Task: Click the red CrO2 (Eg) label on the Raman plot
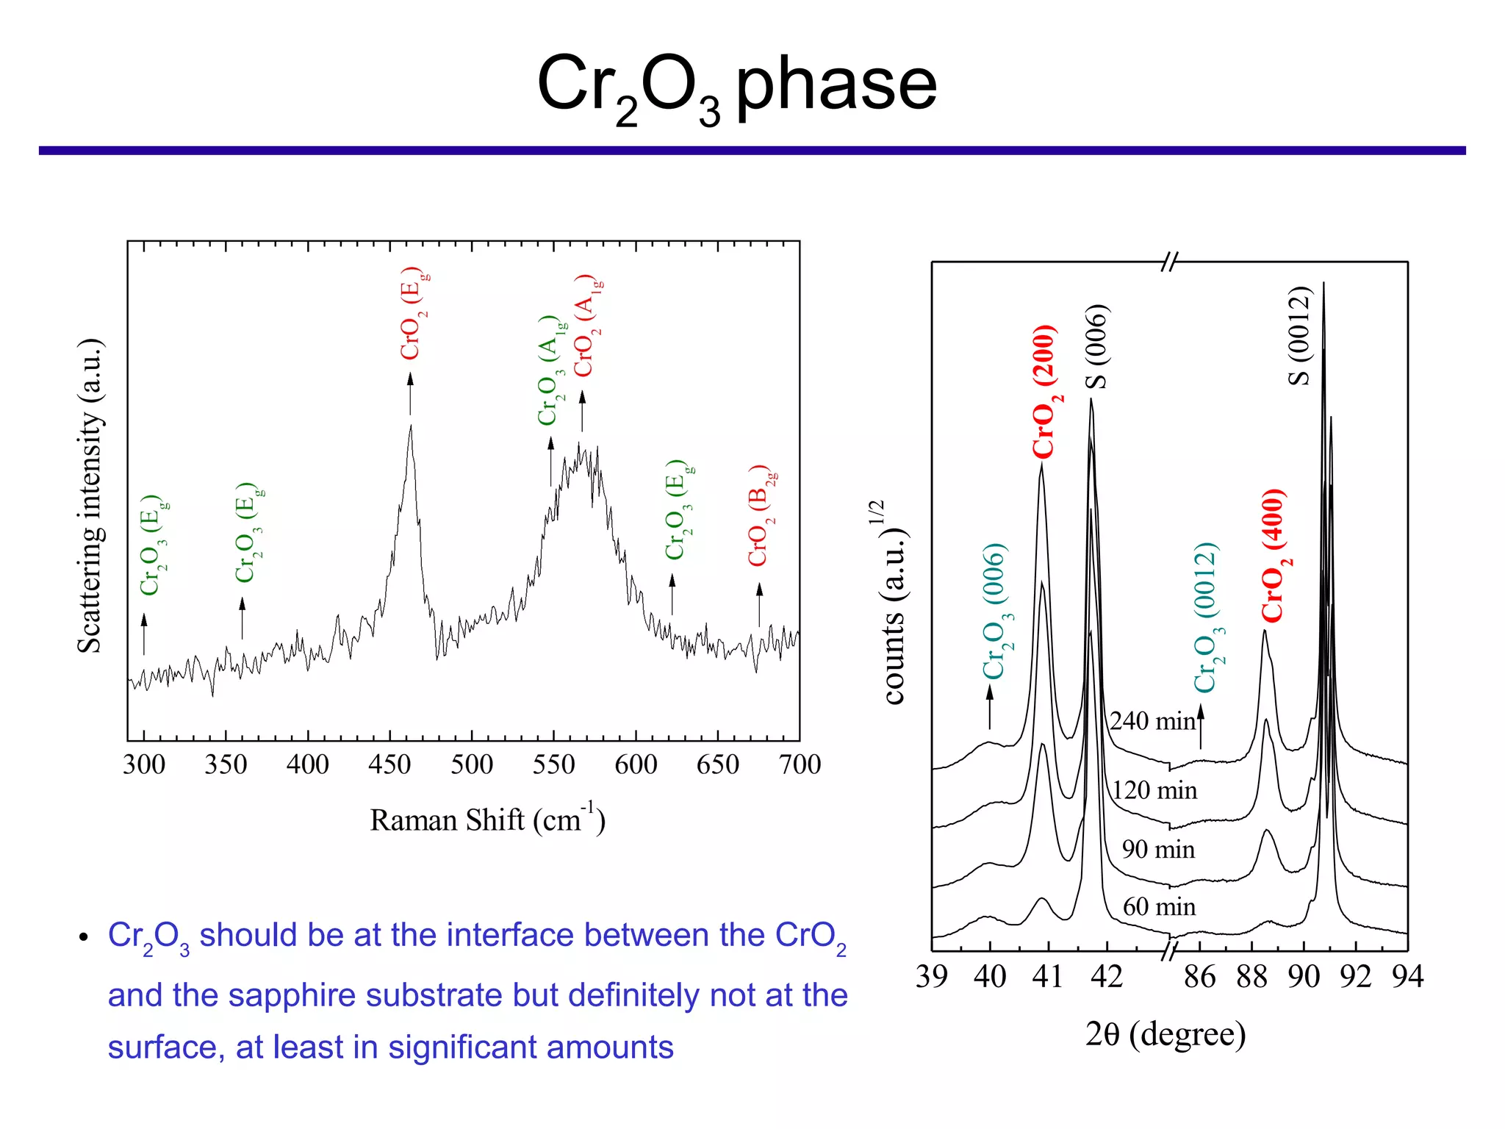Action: pyautogui.click(x=413, y=315)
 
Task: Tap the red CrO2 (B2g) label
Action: pyautogui.click(x=761, y=516)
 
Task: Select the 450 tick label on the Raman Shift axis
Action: pyautogui.click(x=389, y=765)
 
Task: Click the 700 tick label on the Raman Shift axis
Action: pyautogui.click(x=800, y=765)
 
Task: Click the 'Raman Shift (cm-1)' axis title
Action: pyautogui.click(x=487, y=820)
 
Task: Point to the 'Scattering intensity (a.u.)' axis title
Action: pyautogui.click(x=90, y=496)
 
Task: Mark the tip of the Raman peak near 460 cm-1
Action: pyautogui.click(x=411, y=426)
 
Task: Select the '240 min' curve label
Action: pyautogui.click(x=1152, y=721)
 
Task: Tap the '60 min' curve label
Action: pyautogui.click(x=1159, y=907)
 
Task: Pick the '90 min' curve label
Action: pyautogui.click(x=1158, y=850)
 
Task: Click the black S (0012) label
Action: pyautogui.click(x=1299, y=336)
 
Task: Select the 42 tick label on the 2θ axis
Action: pyautogui.click(x=1106, y=977)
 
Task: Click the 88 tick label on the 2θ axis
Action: pyautogui.click(x=1251, y=977)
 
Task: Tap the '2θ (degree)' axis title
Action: pyautogui.click(x=1165, y=1034)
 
